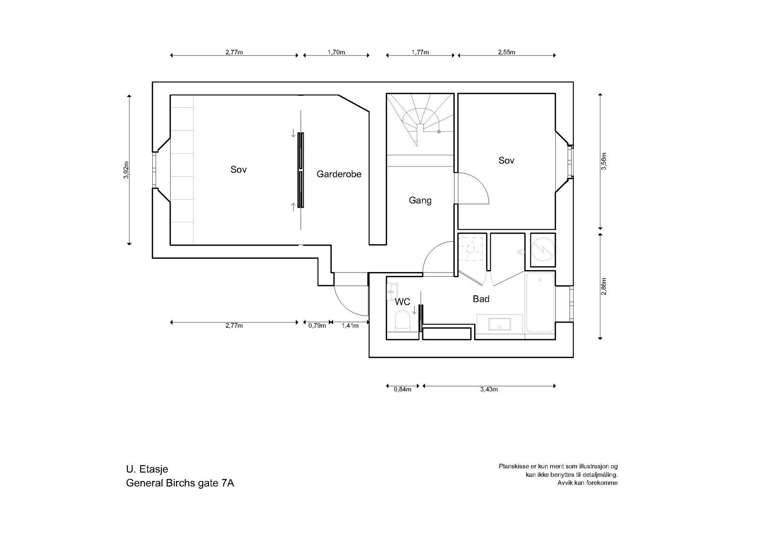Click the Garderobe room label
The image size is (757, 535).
click(339, 174)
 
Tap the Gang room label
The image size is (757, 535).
click(420, 201)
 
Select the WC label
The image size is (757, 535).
click(402, 302)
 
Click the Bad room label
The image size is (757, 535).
click(481, 299)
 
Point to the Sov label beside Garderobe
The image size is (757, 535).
click(238, 169)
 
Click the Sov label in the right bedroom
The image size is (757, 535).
click(506, 161)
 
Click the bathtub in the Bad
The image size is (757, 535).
click(540, 303)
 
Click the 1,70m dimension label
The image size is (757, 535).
click(336, 53)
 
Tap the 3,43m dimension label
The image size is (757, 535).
click(489, 390)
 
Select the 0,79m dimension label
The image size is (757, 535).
click(317, 325)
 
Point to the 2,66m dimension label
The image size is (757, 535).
click(604, 287)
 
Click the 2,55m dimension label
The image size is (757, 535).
click(506, 53)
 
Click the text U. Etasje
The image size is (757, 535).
click(147, 470)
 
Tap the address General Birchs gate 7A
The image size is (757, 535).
click(180, 483)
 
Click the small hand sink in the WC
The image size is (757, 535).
click(393, 289)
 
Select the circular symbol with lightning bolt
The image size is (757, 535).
click(543, 248)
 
